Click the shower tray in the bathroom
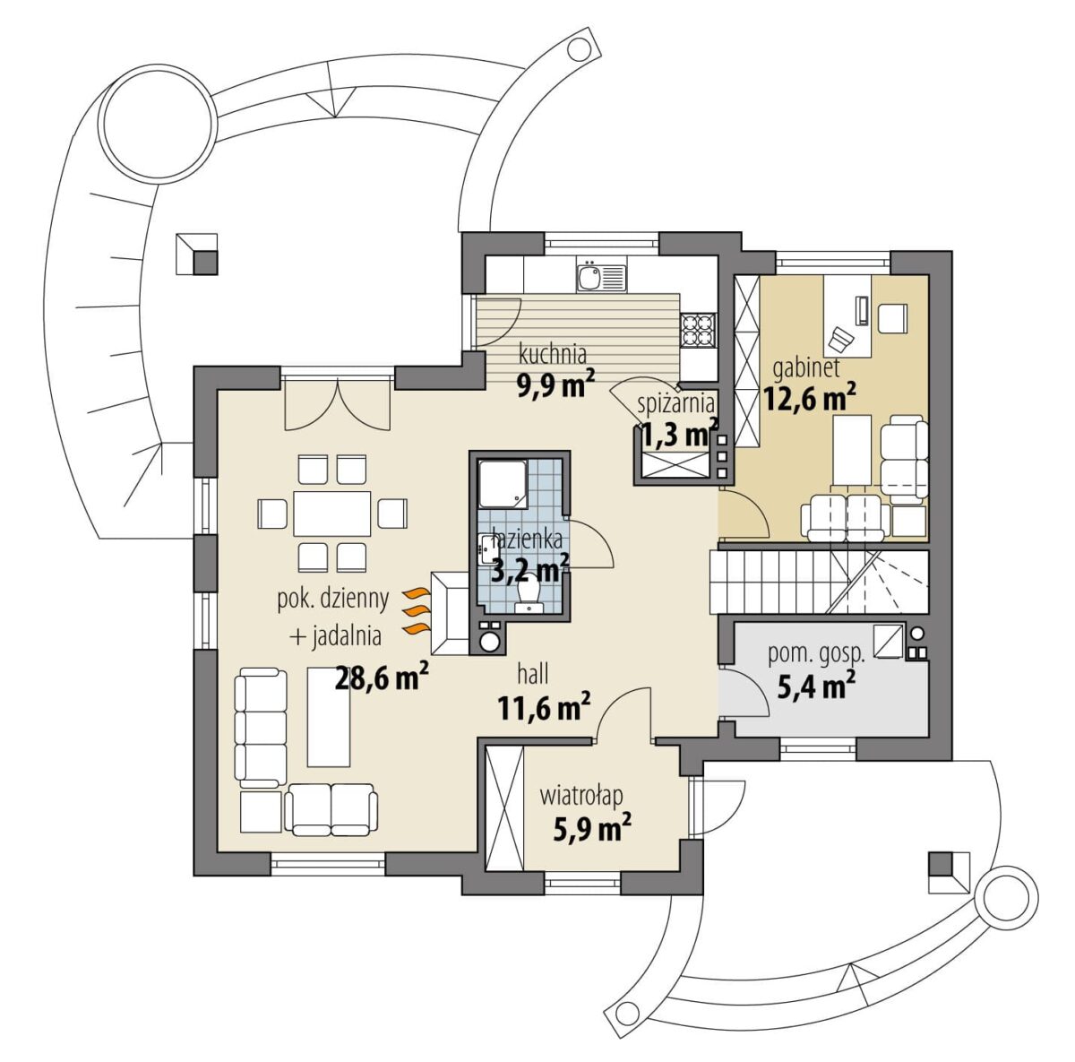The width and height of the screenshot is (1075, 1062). click(503, 484)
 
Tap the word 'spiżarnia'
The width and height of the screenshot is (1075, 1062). click(676, 403)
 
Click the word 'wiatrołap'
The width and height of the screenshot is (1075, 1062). click(581, 798)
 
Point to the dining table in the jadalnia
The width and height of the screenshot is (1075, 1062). click(332, 514)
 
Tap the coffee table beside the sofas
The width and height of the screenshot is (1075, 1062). click(329, 718)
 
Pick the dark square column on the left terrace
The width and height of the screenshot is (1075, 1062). click(206, 263)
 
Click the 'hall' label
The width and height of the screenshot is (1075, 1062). click(533, 675)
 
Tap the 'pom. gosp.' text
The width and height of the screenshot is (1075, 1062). click(817, 655)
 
